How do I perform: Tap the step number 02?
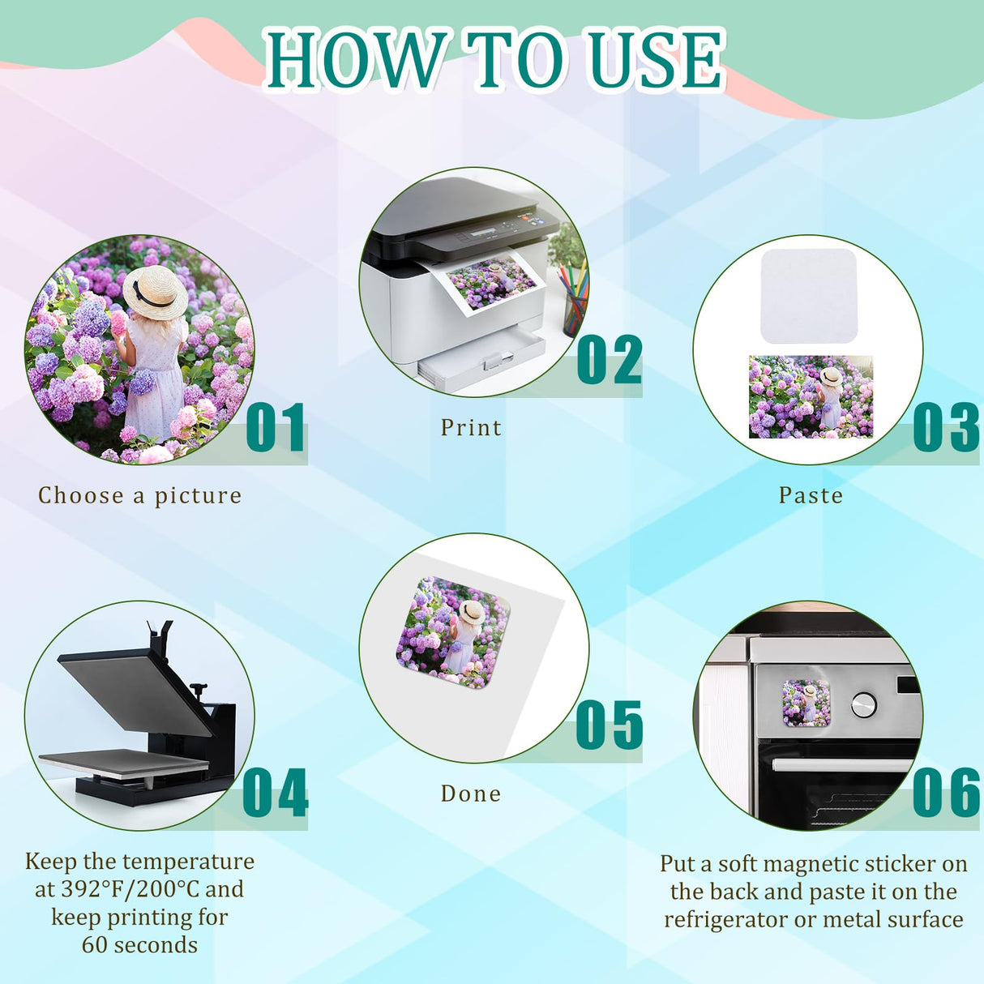610,360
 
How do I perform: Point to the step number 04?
276,793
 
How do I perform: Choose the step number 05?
610,725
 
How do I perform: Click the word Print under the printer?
471,428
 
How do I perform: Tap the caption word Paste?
811,495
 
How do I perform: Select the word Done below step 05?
471,794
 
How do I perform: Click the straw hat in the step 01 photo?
155,291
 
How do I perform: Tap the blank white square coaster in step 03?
809,296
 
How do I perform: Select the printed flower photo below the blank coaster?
811,396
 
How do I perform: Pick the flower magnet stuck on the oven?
806,703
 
